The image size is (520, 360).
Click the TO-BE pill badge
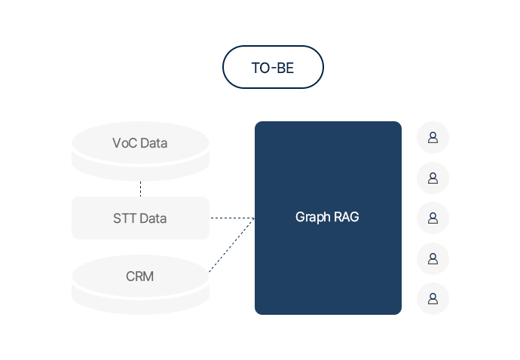tap(273, 67)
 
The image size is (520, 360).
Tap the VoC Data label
tap(139, 143)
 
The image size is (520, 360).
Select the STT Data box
tap(140, 218)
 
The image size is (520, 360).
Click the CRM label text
tap(139, 276)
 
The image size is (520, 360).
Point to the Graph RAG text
tap(327, 218)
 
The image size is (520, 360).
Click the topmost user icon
tap(433, 137)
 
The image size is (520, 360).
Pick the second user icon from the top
tap(433, 178)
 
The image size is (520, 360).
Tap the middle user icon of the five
tap(433, 218)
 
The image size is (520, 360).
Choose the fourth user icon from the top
tap(433, 258)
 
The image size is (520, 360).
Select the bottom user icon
tap(433, 298)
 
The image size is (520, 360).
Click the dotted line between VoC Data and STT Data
tap(140, 188)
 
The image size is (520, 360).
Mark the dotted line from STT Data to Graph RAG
tap(231, 218)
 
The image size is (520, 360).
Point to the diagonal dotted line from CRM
tap(231, 246)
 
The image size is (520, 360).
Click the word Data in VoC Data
tap(154, 143)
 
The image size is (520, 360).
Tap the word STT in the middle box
tap(124, 218)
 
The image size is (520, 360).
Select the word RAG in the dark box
tap(347, 218)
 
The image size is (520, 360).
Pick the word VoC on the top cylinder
tap(124, 143)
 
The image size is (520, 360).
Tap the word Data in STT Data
tap(154, 218)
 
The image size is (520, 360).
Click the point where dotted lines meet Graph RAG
tap(254, 218)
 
